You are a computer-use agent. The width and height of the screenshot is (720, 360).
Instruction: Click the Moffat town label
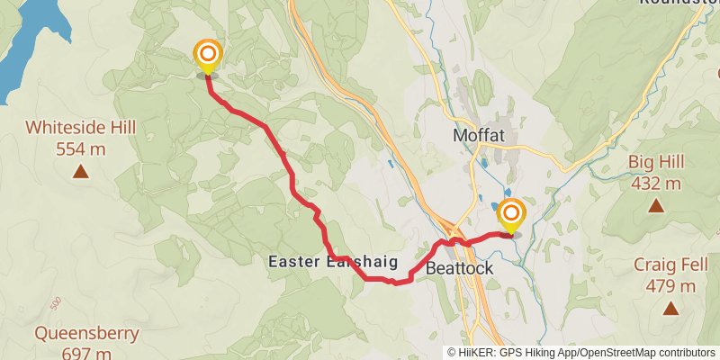[478, 135]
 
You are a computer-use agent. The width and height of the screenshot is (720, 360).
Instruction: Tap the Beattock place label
[459, 268]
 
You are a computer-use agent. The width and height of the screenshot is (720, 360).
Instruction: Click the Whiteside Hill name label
[81, 128]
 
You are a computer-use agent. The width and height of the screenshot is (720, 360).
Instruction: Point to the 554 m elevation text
[81, 148]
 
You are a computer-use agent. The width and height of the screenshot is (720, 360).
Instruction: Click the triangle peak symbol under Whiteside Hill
[81, 171]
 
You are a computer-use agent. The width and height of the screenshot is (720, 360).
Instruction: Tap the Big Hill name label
[656, 163]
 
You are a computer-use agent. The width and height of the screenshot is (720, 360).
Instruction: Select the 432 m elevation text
[656, 184]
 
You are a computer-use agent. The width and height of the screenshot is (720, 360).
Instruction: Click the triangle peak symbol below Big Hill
[657, 206]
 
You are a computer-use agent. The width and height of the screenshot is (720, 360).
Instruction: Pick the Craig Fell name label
[670, 265]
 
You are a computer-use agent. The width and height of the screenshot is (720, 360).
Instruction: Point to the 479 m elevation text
[670, 286]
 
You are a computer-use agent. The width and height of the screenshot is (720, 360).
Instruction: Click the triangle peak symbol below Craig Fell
[670, 309]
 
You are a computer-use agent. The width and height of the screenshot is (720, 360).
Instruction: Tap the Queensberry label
[87, 334]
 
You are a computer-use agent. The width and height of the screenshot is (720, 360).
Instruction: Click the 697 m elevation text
[87, 353]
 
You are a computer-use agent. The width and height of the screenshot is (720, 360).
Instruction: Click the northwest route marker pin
[208, 56]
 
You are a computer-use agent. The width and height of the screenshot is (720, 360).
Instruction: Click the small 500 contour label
[57, 301]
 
